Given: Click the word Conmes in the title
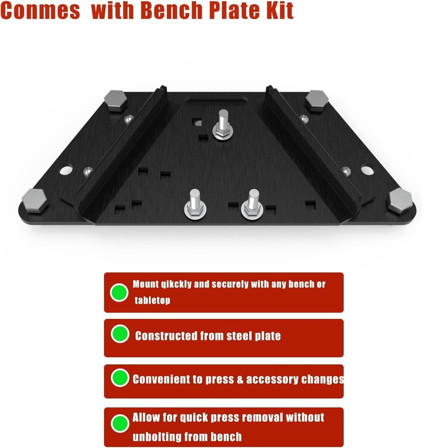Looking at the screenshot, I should point(40,11).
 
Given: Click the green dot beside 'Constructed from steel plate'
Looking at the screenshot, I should point(120,334).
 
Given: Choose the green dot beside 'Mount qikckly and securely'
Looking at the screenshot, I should point(119,293).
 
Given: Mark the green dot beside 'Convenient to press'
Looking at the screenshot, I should point(120,379).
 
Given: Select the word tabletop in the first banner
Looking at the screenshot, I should point(152,300).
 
